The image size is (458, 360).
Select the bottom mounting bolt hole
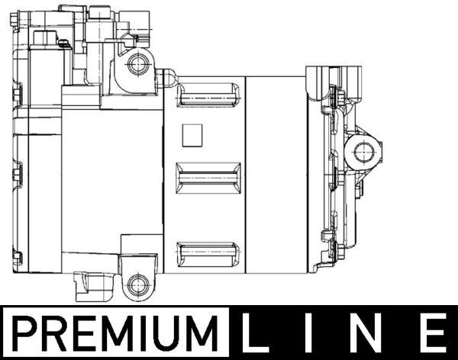137,286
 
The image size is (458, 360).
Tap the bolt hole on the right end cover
362,152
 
